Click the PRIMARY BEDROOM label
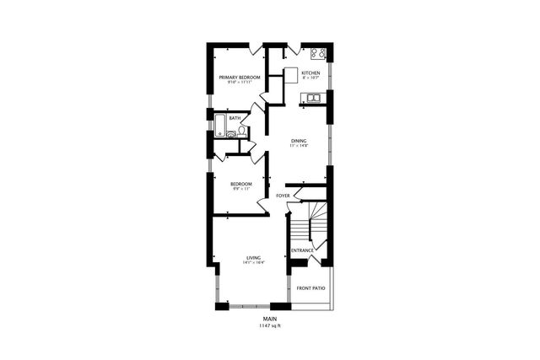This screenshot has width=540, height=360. coord(240,78)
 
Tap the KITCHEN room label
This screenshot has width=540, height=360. coord(310,73)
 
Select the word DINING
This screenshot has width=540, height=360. coord(299,141)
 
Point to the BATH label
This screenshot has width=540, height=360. coord(235,118)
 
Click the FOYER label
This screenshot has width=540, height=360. coord(283,196)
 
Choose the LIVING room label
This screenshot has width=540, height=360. coord(253,257)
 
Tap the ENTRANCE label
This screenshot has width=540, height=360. coord(302,250)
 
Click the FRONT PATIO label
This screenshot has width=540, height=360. coord(310,288)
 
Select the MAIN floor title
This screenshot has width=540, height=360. coord(270,319)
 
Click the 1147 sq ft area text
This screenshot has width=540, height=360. coord(270,325)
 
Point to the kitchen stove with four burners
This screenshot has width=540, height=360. coord(318,54)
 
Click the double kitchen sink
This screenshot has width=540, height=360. coord(313,99)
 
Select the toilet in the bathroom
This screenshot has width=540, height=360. coord(241,131)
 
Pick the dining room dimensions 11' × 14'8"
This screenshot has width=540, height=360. coord(299,147)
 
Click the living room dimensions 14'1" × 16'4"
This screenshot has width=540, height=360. coord(253,263)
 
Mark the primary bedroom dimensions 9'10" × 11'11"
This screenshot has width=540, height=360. coord(240,83)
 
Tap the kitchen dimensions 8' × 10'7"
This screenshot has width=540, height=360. coord(310,78)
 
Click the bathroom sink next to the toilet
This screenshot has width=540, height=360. coord(230,134)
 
